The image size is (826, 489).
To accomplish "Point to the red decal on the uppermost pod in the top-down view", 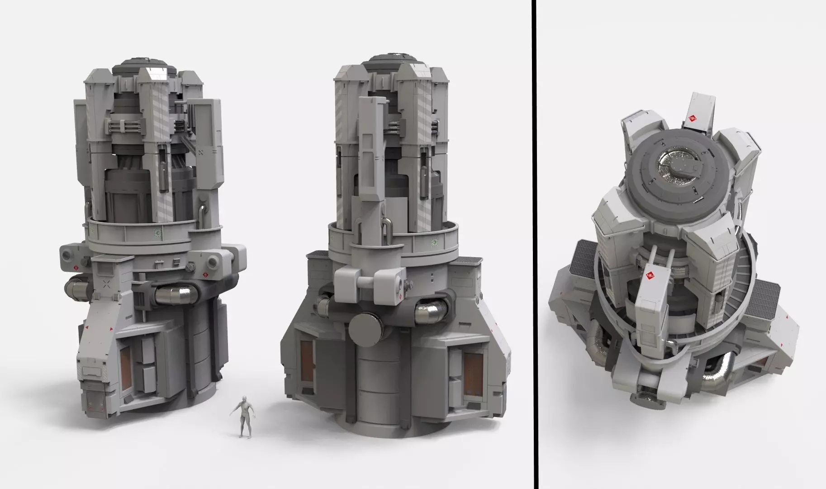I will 692,119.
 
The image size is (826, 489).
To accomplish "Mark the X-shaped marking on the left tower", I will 107,284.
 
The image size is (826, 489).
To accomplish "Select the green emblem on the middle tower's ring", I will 435,242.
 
